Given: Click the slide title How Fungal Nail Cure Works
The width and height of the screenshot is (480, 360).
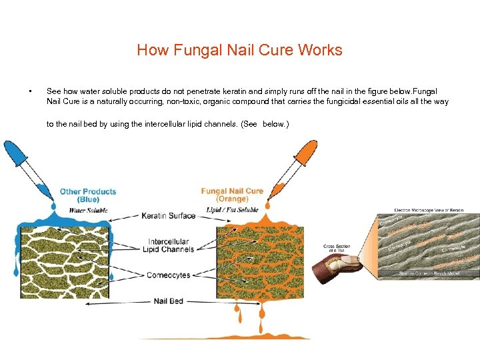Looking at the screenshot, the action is pyautogui.click(x=239, y=51).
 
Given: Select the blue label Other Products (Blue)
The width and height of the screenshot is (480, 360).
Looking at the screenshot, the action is pyautogui.click(x=88, y=195).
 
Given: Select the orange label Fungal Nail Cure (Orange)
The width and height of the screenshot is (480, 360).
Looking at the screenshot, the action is pyautogui.click(x=232, y=195).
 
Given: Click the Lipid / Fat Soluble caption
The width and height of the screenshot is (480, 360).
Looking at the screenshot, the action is pyautogui.click(x=232, y=210).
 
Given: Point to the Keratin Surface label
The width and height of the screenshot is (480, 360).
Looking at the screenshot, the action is pyautogui.click(x=169, y=216).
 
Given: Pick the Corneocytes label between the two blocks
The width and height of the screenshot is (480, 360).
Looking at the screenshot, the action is pyautogui.click(x=169, y=275).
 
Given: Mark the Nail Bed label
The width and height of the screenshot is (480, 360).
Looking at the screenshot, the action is pyautogui.click(x=169, y=301).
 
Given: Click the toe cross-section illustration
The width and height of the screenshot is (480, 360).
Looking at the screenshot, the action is pyautogui.click(x=341, y=264).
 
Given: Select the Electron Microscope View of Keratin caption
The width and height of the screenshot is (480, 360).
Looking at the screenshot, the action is pyautogui.click(x=428, y=209).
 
